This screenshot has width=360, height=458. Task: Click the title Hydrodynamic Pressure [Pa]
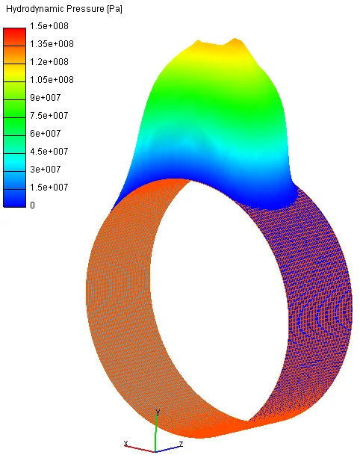[x=64, y=9]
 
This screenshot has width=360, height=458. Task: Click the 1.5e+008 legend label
[x=49, y=26]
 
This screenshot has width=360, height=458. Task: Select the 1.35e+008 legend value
[x=52, y=44]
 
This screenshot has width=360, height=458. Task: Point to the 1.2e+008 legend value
[x=49, y=61]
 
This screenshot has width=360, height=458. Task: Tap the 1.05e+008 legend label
[x=52, y=79]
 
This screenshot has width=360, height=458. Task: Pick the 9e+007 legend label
[x=46, y=98]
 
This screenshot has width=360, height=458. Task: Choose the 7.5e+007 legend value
[x=49, y=115]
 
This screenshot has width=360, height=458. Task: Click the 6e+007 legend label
[x=46, y=133]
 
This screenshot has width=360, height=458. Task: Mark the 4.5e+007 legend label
[x=49, y=152]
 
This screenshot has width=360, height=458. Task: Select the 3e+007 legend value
[x=46, y=169]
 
